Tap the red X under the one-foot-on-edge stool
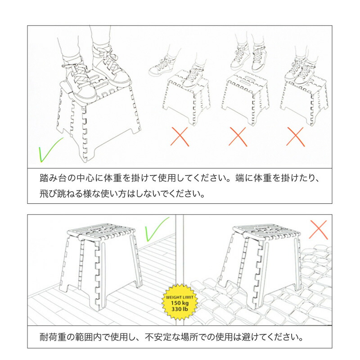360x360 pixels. coord(180,137)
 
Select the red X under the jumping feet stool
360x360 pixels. coord(238,137)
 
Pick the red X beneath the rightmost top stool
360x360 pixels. coord(296,137)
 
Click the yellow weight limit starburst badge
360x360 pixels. coord(180,302)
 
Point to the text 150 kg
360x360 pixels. coord(180,303)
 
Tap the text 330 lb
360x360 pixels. coord(180,309)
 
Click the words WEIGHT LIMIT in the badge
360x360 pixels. coord(180,297)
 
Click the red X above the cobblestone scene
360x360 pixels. coord(318,229)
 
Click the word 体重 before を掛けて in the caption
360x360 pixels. coord(113,178)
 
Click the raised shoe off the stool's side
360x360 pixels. coord(160,68)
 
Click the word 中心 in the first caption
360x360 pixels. coord(85,178)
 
